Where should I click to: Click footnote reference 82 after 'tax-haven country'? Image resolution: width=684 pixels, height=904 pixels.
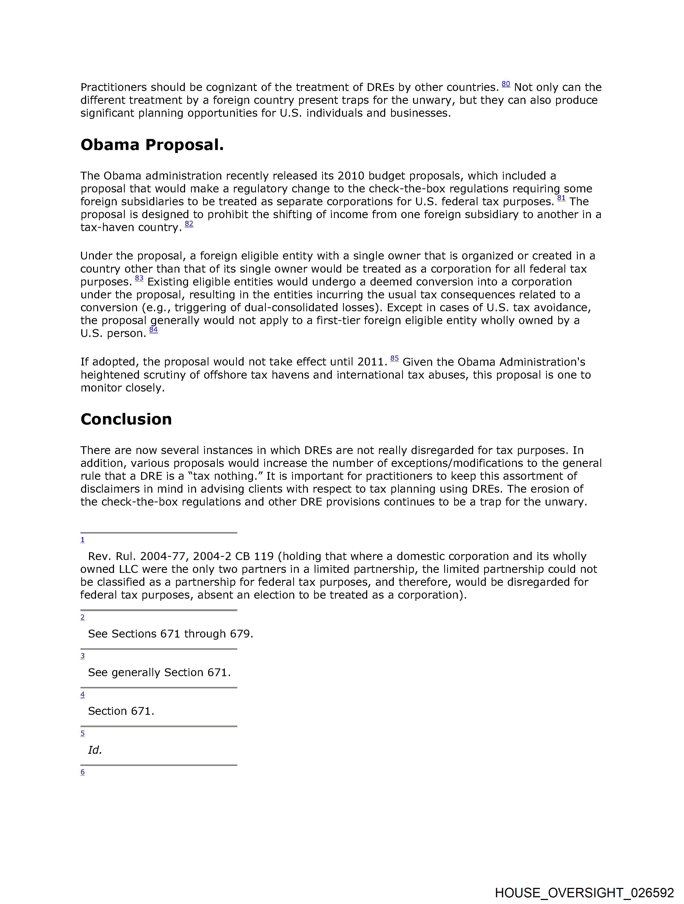click(189, 224)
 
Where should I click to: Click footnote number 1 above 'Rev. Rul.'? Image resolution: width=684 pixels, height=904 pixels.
click(83, 540)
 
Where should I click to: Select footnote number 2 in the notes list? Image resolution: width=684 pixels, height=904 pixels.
click(83, 617)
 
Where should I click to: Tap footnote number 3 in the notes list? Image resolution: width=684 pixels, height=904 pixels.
click(83, 656)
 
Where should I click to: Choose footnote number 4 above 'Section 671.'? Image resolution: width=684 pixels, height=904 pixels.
click(83, 695)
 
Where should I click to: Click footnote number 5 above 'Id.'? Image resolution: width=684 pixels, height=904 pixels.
click(83, 733)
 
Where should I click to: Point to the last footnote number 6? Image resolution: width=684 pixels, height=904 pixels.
click(83, 772)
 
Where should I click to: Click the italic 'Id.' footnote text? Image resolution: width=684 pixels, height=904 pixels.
click(95, 750)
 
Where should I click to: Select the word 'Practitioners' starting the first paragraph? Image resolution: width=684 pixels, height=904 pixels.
click(113, 87)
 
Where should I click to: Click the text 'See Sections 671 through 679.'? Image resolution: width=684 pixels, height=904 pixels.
click(170, 634)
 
